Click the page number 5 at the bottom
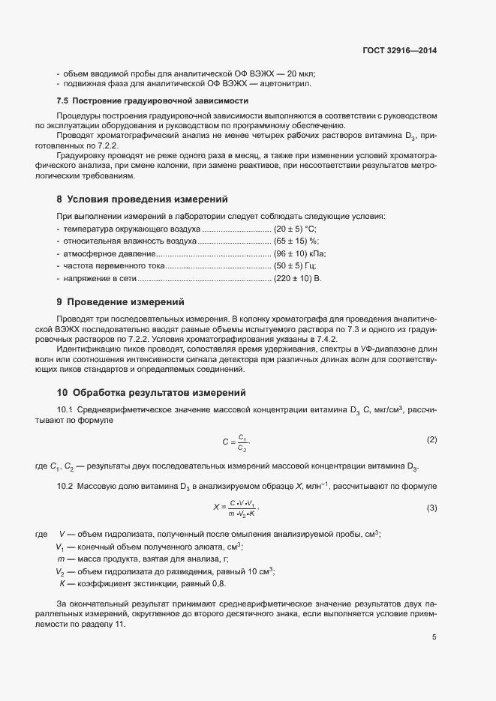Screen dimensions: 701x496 click(x=434, y=638)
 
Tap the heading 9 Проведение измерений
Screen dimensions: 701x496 click(x=120, y=302)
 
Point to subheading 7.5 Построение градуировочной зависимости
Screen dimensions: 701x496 click(x=152, y=100)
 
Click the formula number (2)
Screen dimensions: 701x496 click(x=431, y=438)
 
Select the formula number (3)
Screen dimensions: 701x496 click(x=431, y=508)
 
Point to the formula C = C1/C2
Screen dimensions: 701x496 click(x=236, y=442)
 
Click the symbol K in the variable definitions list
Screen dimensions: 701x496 click(x=62, y=583)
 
